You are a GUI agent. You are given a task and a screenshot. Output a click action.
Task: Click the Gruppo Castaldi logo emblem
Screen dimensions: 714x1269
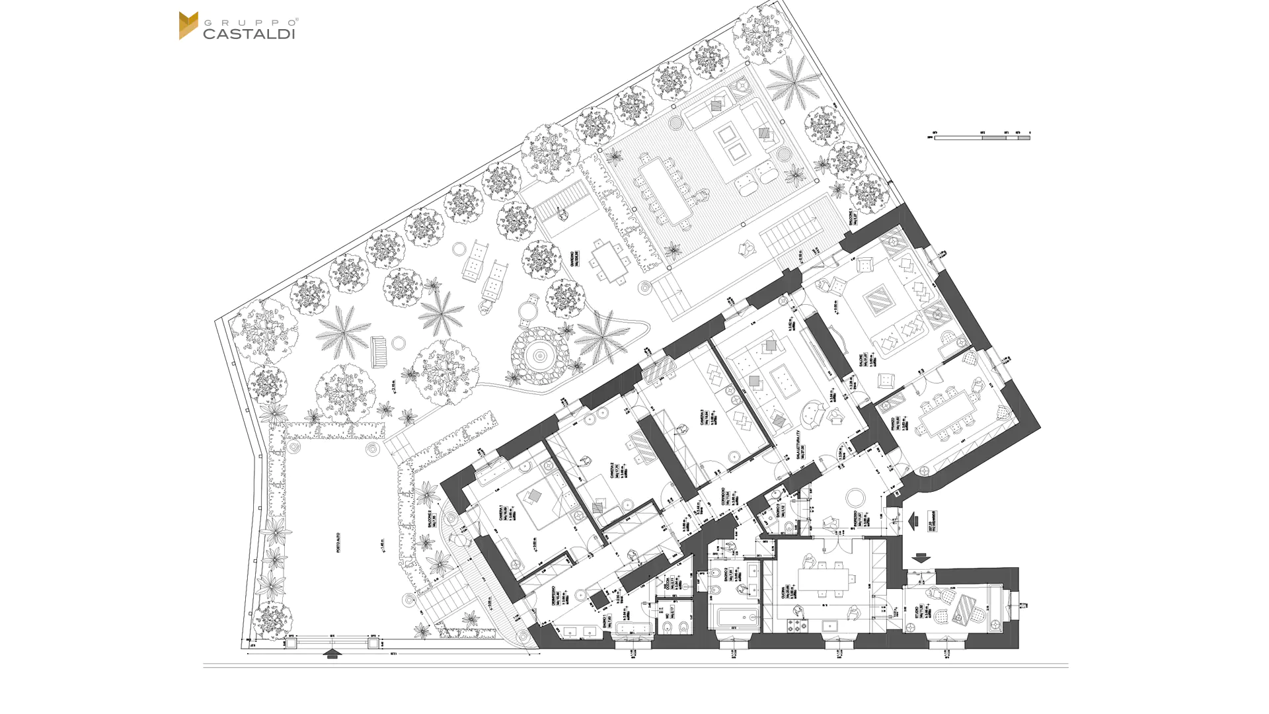click(x=188, y=26)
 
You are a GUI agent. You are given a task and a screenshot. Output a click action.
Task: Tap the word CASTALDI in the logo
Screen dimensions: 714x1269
click(x=249, y=34)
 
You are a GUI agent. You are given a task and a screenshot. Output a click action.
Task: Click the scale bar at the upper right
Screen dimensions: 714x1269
click(x=982, y=138)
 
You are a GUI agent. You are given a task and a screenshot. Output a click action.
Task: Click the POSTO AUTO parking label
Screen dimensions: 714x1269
click(x=338, y=542)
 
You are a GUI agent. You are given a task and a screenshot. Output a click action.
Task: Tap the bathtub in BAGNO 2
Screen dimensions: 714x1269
click(x=738, y=619)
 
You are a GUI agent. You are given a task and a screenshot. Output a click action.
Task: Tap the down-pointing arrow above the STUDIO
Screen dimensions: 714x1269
click(x=921, y=559)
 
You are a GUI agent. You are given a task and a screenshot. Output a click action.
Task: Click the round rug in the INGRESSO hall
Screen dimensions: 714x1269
click(x=856, y=497)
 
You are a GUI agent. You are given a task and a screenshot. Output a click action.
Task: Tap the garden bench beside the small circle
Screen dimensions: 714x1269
click(x=379, y=351)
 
